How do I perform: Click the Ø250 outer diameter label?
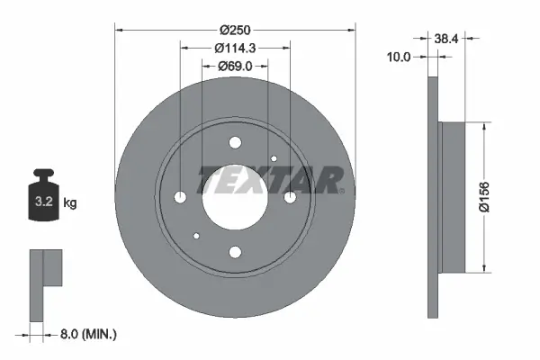[x=235, y=28]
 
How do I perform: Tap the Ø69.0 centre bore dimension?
[x=235, y=66]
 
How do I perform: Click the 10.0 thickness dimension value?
[x=397, y=57]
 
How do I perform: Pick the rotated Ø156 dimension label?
[x=486, y=196]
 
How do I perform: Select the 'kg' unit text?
[x=70, y=202]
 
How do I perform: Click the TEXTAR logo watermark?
[x=270, y=180]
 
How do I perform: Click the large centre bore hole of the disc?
[x=235, y=197]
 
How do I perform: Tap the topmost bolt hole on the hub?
[x=235, y=142]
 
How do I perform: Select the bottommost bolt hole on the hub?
[x=235, y=253]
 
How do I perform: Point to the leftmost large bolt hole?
[x=180, y=197]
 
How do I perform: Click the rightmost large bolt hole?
[x=290, y=197]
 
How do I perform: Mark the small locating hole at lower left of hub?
[x=196, y=237]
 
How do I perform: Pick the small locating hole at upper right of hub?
[x=274, y=158]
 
